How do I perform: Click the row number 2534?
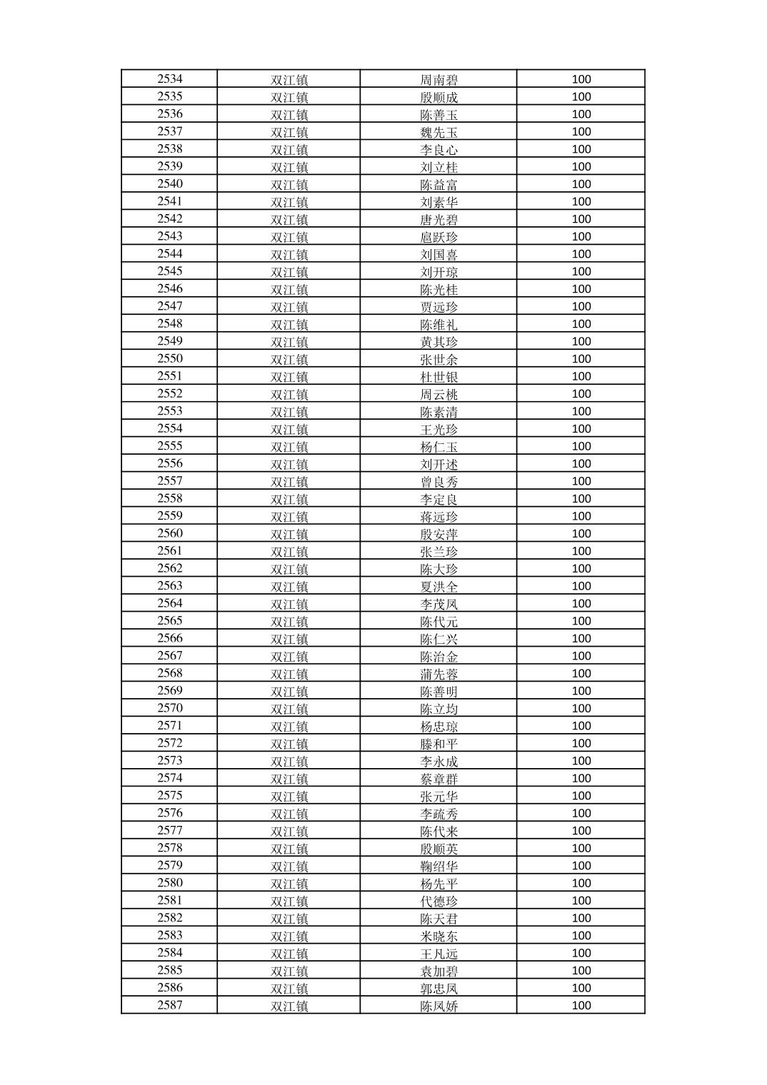(170, 79)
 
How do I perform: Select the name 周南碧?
(438, 80)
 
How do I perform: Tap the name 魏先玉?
(438, 132)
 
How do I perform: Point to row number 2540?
(170, 184)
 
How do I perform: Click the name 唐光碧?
(438, 219)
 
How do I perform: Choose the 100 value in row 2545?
(581, 271)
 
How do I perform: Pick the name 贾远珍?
(438, 307)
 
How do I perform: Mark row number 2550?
(170, 359)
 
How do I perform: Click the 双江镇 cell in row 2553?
(289, 412)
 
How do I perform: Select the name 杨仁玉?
(438, 447)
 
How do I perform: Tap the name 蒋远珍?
(438, 517)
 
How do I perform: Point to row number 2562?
(170, 569)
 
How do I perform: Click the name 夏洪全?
(438, 587)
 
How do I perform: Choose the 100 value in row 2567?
(581, 656)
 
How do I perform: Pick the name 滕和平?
(438, 744)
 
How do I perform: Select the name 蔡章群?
(438, 779)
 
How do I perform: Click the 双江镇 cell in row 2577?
(289, 831)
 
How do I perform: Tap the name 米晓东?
(438, 936)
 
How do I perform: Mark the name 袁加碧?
(438, 971)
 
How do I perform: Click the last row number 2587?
(170, 1005)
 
